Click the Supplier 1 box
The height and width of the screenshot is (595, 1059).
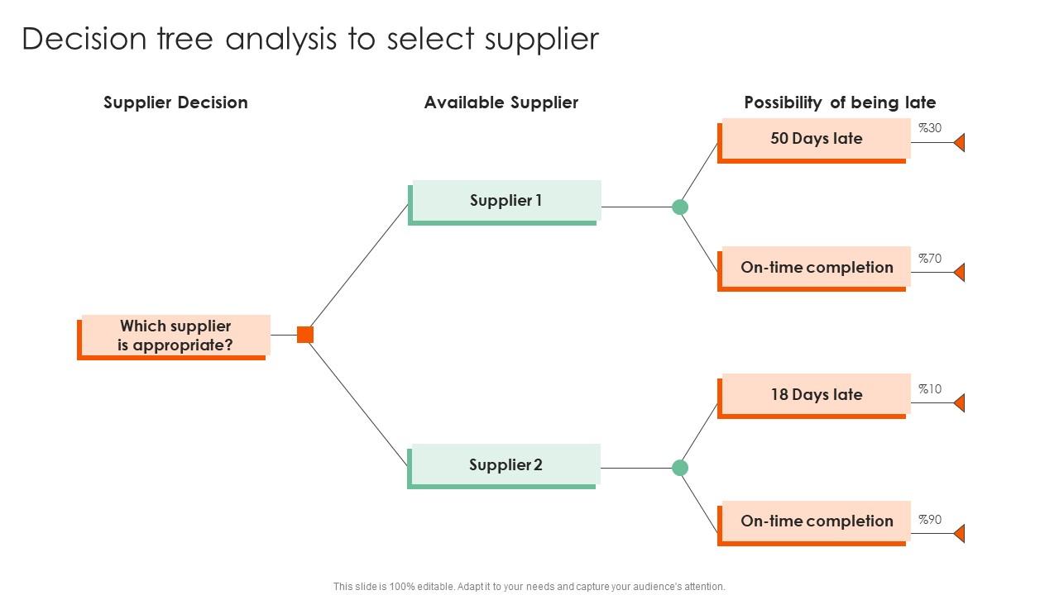[x=506, y=201]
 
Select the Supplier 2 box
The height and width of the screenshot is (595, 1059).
[x=506, y=465]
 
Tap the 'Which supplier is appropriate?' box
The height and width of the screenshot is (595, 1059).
[x=175, y=336]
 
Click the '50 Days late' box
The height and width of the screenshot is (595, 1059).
[x=816, y=139]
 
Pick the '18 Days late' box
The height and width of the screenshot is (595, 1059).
[x=816, y=395]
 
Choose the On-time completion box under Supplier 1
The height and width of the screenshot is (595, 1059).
[x=816, y=268]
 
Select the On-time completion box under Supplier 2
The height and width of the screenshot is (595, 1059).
[x=816, y=521]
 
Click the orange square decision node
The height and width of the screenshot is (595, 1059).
[x=305, y=335]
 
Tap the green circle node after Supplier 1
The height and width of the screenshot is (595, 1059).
[x=680, y=207]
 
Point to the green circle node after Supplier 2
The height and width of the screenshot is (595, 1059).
[x=680, y=468]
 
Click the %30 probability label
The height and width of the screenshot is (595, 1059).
[x=930, y=128]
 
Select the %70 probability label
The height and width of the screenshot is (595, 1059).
[x=930, y=259]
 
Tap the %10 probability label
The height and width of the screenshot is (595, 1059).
[x=930, y=389]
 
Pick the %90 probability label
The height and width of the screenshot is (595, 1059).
[x=930, y=520]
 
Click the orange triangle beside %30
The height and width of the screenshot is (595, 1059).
[x=960, y=143]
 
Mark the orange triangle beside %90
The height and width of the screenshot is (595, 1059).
[x=960, y=533]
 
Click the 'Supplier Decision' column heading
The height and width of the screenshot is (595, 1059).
[x=175, y=102]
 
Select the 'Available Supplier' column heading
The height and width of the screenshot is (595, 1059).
[x=501, y=102]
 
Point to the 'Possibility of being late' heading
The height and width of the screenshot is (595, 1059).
[x=840, y=102]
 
